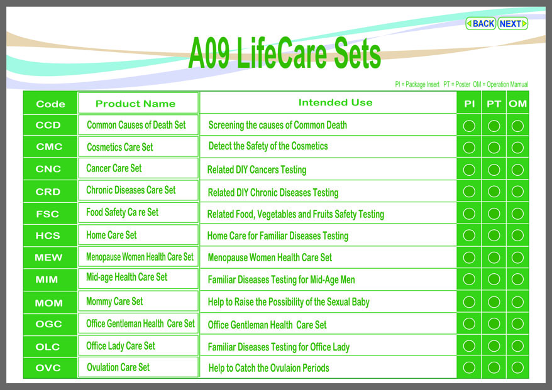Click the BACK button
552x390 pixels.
(x=480, y=24)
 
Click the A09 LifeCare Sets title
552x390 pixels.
(x=284, y=53)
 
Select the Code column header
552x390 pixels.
(x=50, y=104)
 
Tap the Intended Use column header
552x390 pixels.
(x=335, y=102)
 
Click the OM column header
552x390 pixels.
(x=517, y=104)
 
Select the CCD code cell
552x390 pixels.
(x=48, y=125)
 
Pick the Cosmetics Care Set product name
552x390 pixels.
(x=120, y=147)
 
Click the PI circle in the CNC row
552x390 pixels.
(x=469, y=170)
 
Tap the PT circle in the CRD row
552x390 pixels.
(x=494, y=192)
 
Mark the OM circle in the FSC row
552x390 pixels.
(x=517, y=214)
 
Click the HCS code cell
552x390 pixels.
(x=48, y=236)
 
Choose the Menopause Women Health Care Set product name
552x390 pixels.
(x=140, y=257)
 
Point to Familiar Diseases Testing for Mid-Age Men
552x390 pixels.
(x=281, y=279)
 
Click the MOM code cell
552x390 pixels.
(x=48, y=303)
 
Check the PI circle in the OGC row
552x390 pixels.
(x=469, y=323)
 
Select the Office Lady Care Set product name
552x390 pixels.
(x=121, y=346)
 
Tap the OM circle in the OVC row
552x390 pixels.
(x=517, y=368)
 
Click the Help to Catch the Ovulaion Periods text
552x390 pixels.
(x=268, y=368)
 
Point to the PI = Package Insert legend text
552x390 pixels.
(x=417, y=84)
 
